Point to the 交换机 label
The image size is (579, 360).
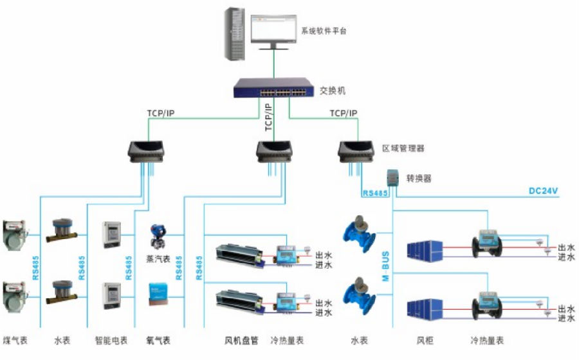(x=333, y=91)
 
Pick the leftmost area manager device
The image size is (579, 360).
(x=148, y=150)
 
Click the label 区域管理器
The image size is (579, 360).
(x=403, y=148)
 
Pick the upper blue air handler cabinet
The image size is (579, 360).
(x=425, y=249)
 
